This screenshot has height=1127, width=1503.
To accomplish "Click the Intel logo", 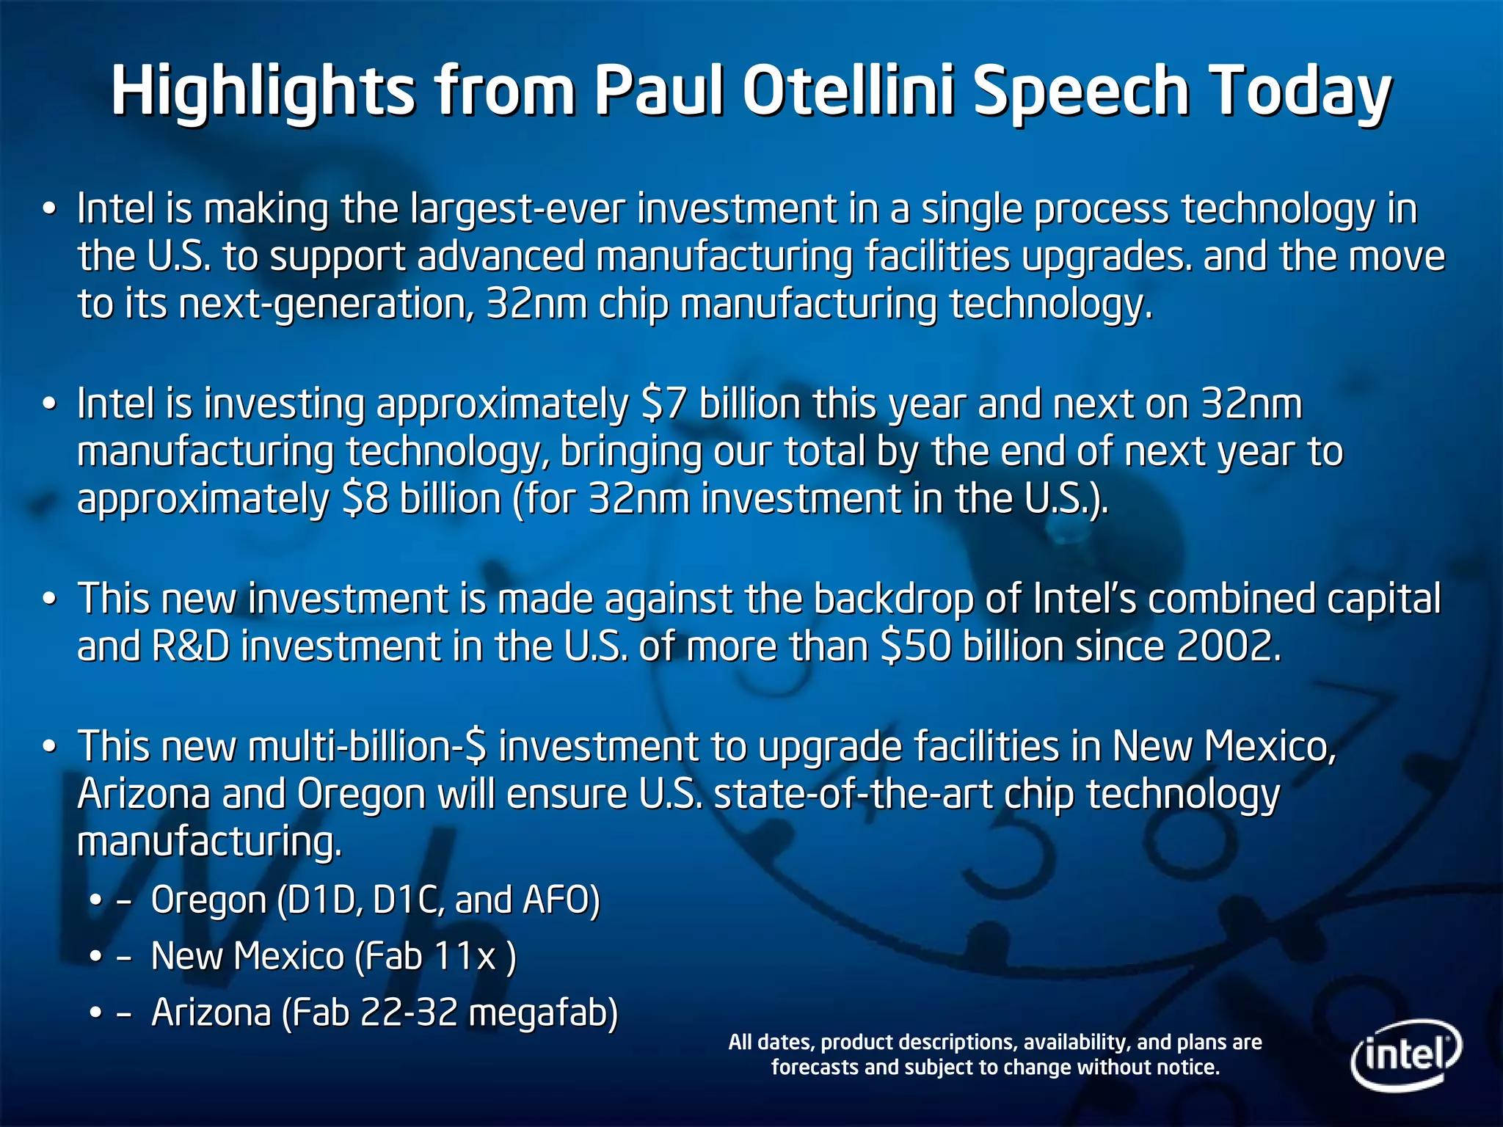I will [1405, 1054].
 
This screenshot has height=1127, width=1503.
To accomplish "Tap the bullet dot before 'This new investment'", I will [49, 599].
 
